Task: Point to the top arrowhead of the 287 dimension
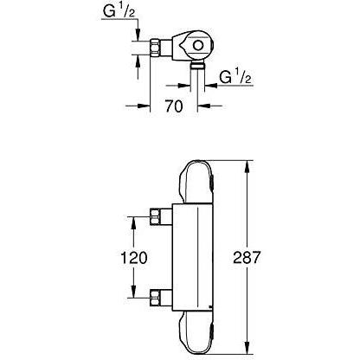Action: (250, 164)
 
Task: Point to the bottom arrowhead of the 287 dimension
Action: (250, 350)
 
